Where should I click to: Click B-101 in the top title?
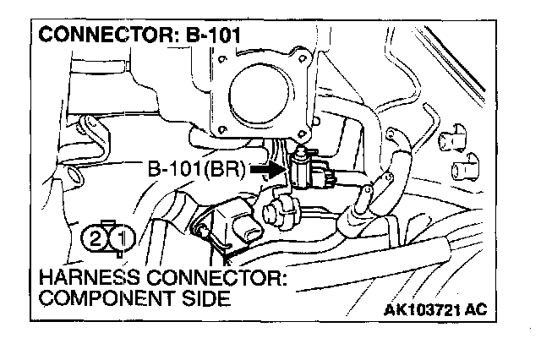(207, 37)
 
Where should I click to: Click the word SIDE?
(208, 299)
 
